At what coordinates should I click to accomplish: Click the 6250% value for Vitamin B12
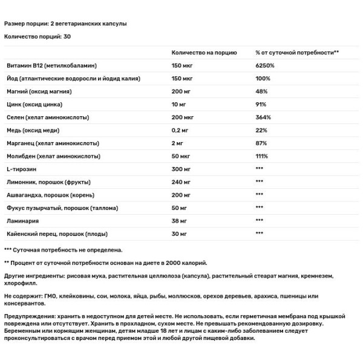[264, 65]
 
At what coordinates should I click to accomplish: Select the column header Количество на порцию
[204, 53]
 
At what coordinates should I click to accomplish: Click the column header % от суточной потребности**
[296, 53]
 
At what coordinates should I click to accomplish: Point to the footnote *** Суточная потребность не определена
[64, 249]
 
